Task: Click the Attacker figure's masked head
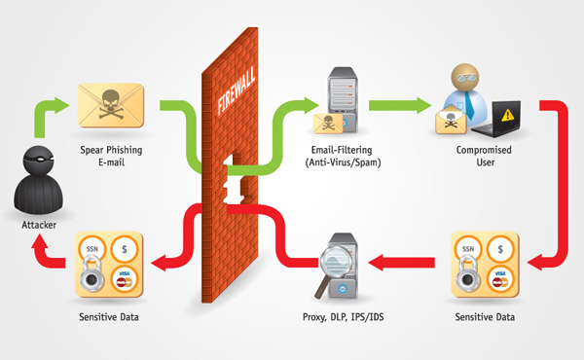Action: [x=38, y=161]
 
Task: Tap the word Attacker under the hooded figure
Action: [x=39, y=225]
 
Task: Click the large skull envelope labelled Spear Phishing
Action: [x=111, y=105]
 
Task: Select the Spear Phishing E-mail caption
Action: [x=111, y=156]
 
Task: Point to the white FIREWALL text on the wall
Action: [x=237, y=90]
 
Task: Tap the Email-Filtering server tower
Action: [x=342, y=98]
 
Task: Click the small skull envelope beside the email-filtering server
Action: [x=328, y=124]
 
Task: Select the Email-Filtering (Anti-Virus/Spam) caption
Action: [x=343, y=156]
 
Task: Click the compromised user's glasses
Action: [x=465, y=79]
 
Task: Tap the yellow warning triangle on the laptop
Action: [x=507, y=115]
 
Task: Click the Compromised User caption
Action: [x=484, y=156]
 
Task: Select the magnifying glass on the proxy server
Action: [x=332, y=267]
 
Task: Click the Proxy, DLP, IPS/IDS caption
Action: [x=343, y=317]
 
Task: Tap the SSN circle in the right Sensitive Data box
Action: [x=468, y=249]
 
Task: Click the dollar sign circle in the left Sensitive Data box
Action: [x=125, y=249]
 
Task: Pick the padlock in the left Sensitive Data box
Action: [x=91, y=276]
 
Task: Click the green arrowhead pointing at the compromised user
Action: [x=423, y=105]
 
